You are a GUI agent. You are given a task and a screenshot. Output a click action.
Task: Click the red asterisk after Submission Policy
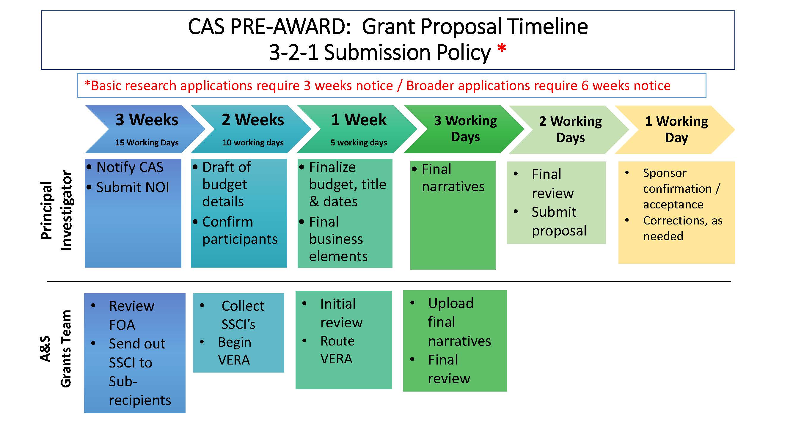click(x=502, y=49)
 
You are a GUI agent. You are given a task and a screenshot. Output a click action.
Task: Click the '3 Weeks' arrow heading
click(x=147, y=120)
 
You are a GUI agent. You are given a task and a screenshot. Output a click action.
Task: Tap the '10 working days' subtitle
click(x=253, y=142)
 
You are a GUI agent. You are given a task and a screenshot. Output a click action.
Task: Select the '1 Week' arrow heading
click(x=359, y=120)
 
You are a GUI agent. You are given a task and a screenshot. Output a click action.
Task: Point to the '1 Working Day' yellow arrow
click(x=676, y=129)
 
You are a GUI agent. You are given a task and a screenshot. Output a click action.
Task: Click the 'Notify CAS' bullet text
click(x=130, y=167)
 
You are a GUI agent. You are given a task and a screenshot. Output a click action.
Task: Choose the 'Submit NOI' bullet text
click(x=132, y=187)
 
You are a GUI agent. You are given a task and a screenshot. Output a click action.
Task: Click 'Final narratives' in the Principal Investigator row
click(x=453, y=178)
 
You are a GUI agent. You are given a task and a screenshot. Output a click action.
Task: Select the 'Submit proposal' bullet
click(x=559, y=221)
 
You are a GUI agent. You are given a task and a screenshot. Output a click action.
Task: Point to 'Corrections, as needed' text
click(x=682, y=228)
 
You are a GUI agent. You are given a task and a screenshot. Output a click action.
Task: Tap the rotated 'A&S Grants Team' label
click(x=56, y=348)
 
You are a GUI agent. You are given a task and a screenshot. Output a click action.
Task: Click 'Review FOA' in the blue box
click(x=131, y=315)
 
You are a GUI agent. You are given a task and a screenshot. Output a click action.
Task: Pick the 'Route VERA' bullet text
click(x=337, y=350)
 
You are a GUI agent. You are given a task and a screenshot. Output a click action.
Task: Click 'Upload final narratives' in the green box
click(x=459, y=322)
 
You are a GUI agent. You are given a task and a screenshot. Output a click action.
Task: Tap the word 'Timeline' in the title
click(x=547, y=26)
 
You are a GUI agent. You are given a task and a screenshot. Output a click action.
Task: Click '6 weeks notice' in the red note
click(x=626, y=86)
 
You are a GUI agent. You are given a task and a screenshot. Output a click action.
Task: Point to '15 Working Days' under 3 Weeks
click(x=147, y=142)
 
